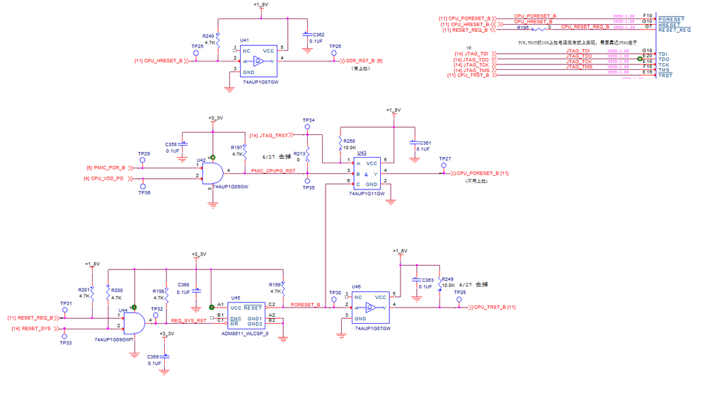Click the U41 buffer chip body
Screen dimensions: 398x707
(259, 61)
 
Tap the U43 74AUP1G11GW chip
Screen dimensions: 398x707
(367, 173)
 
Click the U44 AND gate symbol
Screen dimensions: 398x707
(134, 322)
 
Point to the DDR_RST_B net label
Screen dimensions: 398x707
(364, 61)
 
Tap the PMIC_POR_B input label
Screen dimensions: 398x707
(105, 168)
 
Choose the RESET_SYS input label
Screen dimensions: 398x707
(30, 329)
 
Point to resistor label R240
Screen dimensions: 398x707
(208, 35)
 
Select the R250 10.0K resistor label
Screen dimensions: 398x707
(350, 141)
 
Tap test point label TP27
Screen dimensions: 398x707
(444, 160)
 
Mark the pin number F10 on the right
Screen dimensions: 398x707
(647, 15)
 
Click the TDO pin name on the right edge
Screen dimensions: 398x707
(663, 59)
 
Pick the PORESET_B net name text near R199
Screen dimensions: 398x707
(305, 305)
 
